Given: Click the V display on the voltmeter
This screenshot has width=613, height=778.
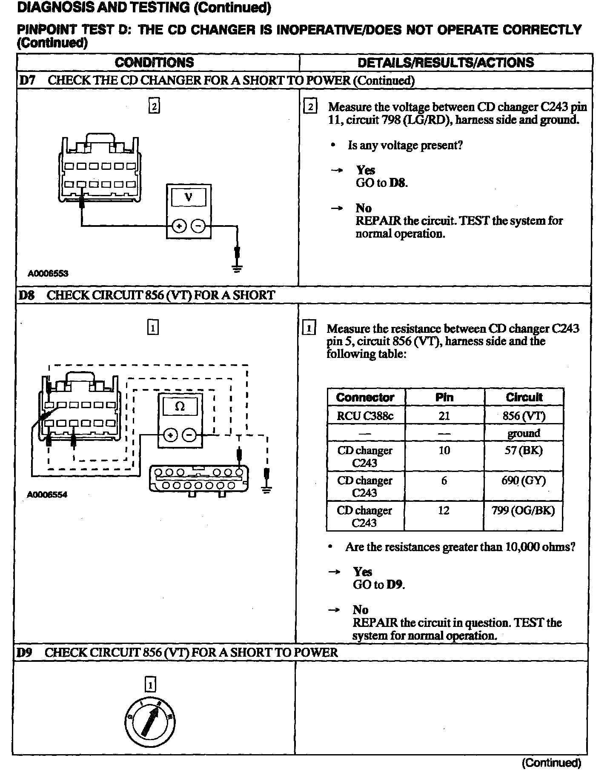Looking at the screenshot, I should pos(188,197).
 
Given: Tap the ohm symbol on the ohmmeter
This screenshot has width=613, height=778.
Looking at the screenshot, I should pos(180,406).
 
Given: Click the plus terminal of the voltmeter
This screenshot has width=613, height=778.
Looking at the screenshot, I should pos(179,226).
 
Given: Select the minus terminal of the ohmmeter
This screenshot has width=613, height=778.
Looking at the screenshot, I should pos(189,435).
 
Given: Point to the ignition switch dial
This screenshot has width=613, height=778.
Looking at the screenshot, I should pos(150,722).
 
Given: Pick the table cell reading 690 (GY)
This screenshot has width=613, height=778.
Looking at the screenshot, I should pos(523,481).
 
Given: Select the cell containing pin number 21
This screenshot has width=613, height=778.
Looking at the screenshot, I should pos(444,416).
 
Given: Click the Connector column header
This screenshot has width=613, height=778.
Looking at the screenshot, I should pos(365,398).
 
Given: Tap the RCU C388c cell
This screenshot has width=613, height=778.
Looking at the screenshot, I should pos(365,416).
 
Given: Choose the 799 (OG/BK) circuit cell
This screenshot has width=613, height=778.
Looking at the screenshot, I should pos(523,510).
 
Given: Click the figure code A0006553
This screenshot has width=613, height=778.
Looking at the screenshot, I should pos(48,274).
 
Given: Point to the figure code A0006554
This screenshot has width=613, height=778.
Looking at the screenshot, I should pos(47,495).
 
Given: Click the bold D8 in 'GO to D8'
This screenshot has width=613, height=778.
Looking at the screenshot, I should pos(398,183).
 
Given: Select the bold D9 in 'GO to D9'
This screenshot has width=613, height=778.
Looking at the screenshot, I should pos(395,585).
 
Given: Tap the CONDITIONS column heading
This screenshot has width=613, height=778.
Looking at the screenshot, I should pos(154,63).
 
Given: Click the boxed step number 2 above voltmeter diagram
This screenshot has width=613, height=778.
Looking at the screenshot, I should pos(154,106).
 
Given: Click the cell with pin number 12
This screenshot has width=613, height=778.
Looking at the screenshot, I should pos(444,510).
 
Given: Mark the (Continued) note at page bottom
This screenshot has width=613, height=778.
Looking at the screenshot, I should pos(551,762).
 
